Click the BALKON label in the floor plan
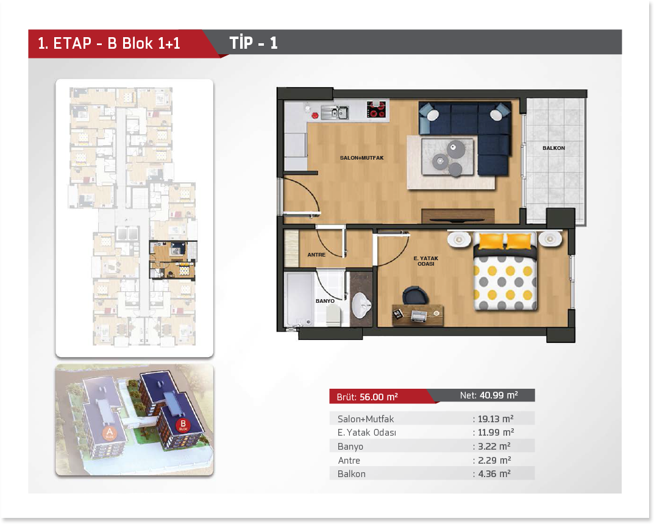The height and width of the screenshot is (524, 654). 553,148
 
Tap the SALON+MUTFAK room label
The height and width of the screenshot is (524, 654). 361,158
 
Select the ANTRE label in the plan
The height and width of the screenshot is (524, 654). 316,255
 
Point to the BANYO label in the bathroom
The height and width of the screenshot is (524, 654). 325,301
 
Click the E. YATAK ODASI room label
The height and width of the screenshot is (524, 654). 426,261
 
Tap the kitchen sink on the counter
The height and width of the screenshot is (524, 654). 335,112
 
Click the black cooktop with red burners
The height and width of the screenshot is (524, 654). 376,110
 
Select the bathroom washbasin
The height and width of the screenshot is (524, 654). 361,305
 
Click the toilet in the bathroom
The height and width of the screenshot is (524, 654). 333,315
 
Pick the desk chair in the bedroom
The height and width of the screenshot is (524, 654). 415,295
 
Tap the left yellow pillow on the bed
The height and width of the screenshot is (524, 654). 491,241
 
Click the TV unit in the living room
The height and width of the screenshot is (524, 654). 458,216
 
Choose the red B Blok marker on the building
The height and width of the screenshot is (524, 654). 183,425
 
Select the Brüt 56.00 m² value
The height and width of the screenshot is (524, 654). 379,397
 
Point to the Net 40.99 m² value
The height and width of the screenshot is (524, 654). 499,395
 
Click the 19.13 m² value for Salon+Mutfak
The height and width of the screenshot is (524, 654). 496,419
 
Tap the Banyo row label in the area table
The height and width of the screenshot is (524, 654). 350,447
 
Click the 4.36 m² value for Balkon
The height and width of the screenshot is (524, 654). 494,474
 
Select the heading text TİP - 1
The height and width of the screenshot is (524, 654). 254,43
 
